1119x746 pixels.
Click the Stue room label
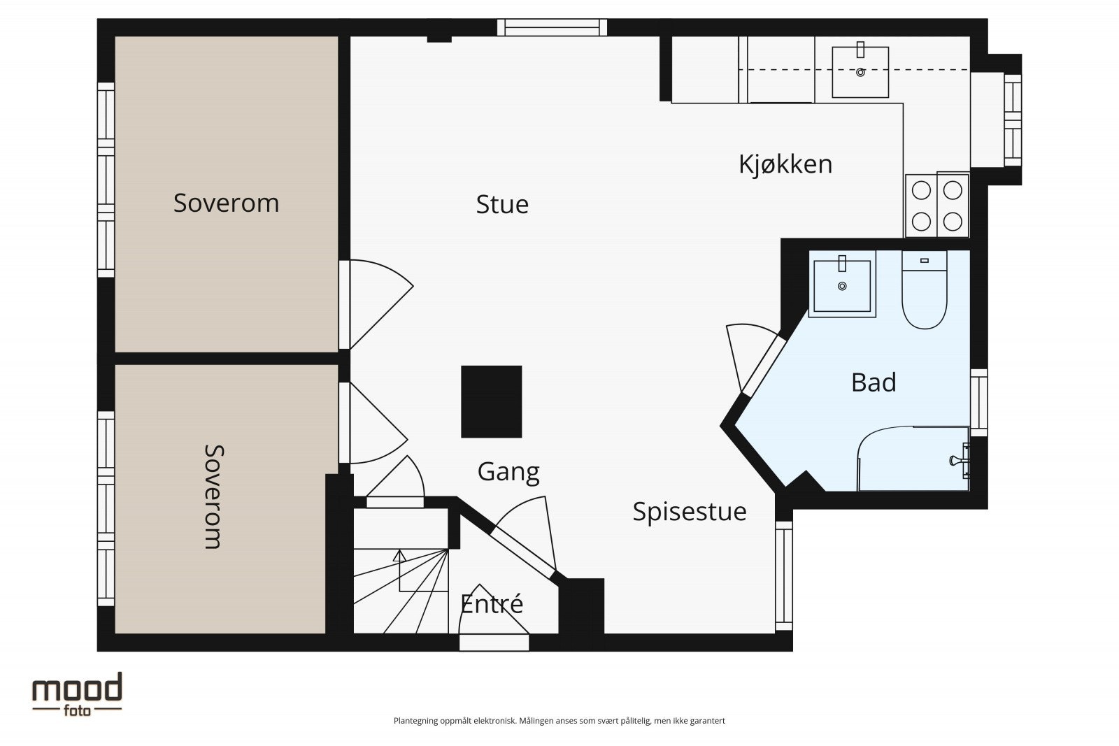click(x=502, y=204)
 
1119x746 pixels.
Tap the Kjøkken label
click(x=785, y=164)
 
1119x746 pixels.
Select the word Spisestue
click(x=690, y=512)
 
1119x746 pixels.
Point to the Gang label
click(x=508, y=472)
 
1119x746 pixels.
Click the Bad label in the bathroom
click(x=874, y=382)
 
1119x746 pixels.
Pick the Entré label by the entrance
click(x=492, y=603)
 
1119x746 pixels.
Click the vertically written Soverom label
click(x=214, y=497)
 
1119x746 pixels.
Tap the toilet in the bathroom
click(x=925, y=290)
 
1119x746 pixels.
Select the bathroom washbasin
click(x=842, y=284)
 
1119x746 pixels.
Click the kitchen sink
click(x=860, y=71)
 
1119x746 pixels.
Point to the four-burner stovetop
click(x=937, y=206)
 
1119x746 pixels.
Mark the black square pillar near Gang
click(x=492, y=401)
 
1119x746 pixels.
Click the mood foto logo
click(x=78, y=694)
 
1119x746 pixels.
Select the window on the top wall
click(x=552, y=27)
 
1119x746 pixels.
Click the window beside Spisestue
click(x=784, y=576)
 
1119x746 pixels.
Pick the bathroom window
click(x=979, y=403)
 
